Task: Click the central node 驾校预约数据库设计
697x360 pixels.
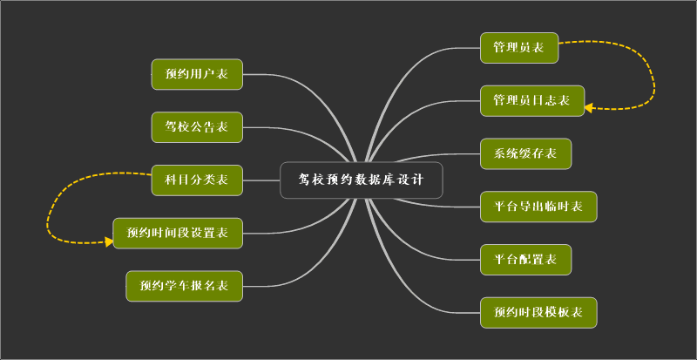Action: tap(362, 180)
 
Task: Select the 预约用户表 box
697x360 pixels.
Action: tap(196, 74)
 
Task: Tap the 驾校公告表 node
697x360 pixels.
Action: tap(196, 127)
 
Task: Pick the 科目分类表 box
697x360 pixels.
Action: tap(196, 180)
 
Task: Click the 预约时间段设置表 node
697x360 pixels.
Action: tap(178, 233)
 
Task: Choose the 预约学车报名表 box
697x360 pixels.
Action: tap(184, 285)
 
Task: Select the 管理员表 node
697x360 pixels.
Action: tap(518, 48)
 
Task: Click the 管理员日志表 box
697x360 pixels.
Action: tap(531, 101)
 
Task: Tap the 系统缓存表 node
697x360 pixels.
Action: tap(525, 154)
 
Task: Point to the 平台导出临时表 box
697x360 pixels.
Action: tap(538, 207)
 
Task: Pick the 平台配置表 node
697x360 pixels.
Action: tap(525, 259)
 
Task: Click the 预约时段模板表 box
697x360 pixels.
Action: tap(538, 312)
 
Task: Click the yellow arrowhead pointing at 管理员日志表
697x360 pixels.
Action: tap(589, 108)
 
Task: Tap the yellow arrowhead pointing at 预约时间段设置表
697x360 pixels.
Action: tap(109, 241)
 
